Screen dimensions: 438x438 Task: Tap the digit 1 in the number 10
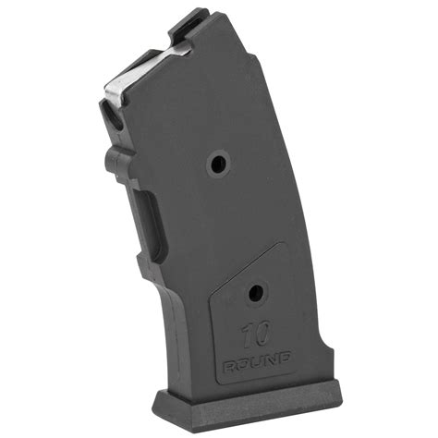245,335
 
